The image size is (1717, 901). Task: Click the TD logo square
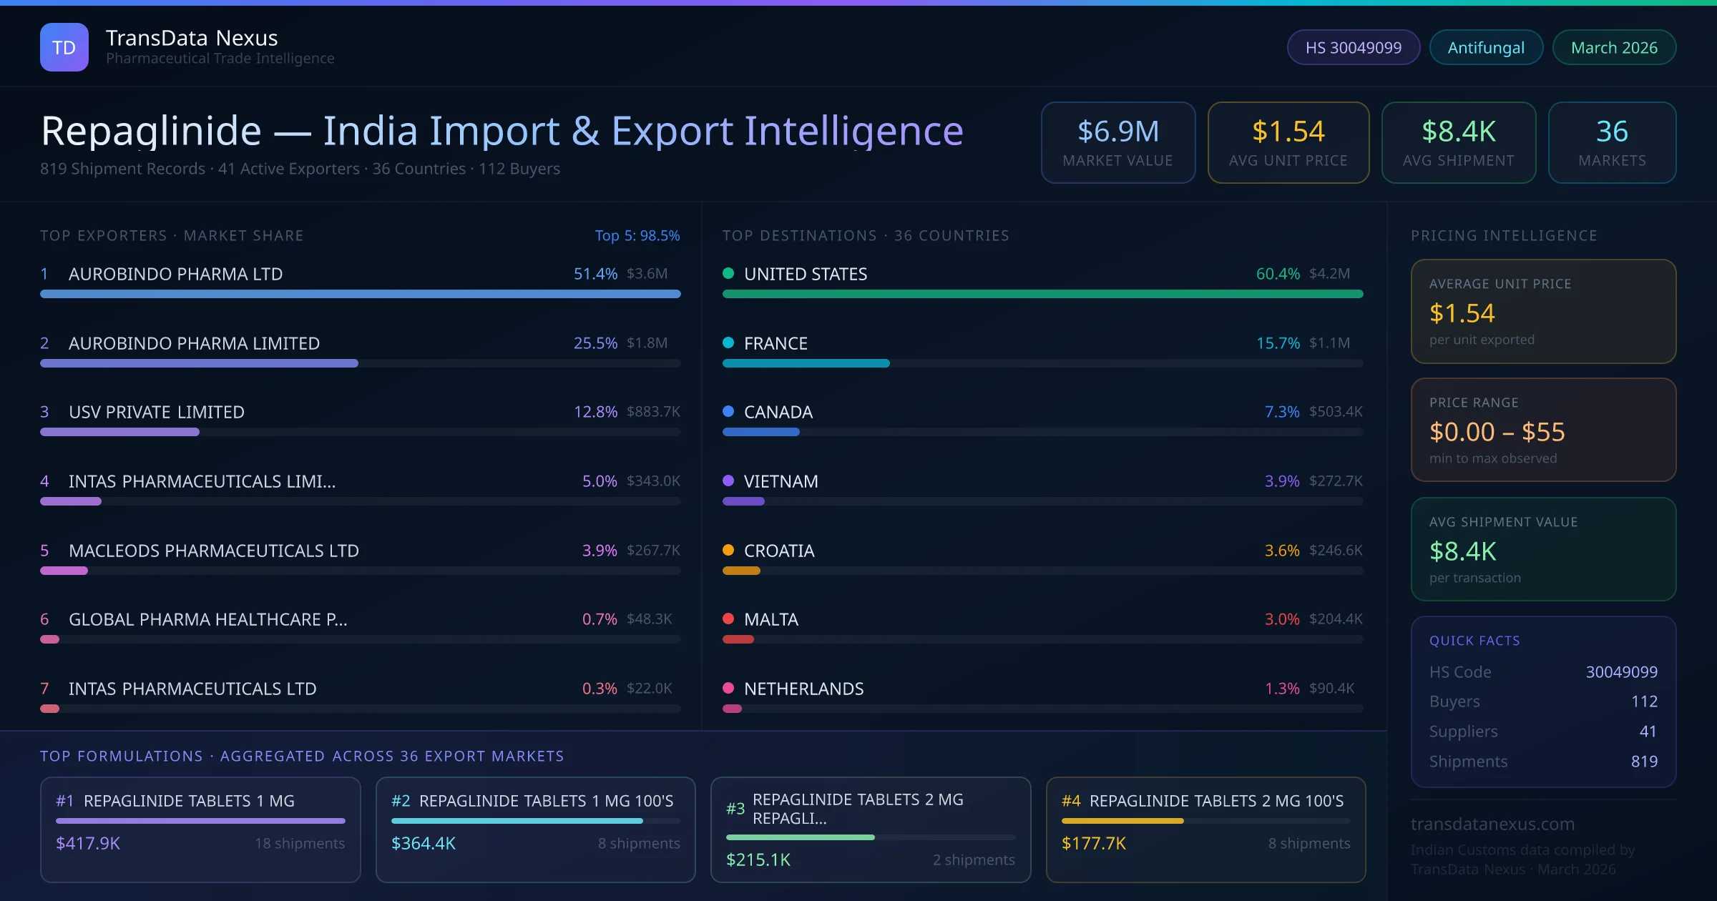coord(64,47)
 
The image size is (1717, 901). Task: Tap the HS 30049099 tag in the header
coord(1353,47)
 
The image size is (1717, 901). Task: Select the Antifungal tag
coord(1486,47)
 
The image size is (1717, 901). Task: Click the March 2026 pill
coord(1614,47)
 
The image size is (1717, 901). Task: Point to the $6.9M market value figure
coord(1117,132)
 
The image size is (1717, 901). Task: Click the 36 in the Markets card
coord(1612,132)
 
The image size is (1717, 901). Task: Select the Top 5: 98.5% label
coord(637,235)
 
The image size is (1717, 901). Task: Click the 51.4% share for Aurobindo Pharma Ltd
coord(595,274)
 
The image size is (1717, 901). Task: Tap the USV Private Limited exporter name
coord(157,412)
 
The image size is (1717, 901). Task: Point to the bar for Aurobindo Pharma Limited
coord(199,363)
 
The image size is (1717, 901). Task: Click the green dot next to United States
coord(728,273)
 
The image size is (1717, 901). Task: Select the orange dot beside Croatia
coord(728,550)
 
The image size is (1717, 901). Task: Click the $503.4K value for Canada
coord(1336,412)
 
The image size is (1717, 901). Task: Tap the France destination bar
coord(806,363)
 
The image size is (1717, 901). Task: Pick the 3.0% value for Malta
coord(1281,619)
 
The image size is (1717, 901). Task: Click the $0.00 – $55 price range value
coord(1497,432)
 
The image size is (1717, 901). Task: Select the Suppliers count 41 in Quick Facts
coord(1648,731)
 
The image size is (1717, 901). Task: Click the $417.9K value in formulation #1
coord(88,843)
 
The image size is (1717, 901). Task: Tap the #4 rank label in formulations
coord(1071,801)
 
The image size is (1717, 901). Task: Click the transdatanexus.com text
coord(1492,824)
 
